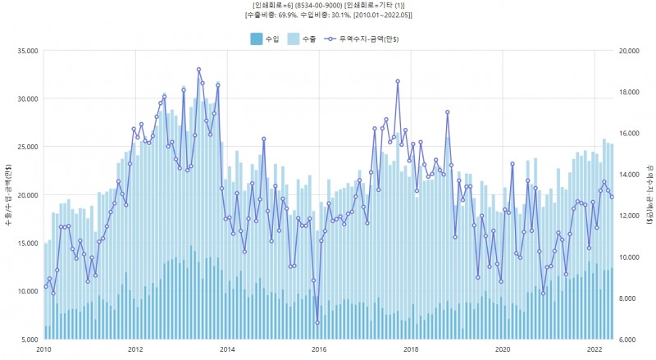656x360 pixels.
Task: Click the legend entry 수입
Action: pyautogui.click(x=266, y=39)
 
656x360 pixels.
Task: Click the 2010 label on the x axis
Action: pyautogui.click(x=44, y=349)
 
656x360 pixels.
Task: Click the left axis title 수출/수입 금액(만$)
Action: pyautogui.click(x=8, y=195)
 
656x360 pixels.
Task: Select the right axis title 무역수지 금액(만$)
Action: pyautogui.click(x=649, y=195)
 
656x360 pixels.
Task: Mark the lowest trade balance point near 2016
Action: pyautogui.click(x=317, y=322)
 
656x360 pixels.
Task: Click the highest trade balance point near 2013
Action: pyautogui.click(x=198, y=70)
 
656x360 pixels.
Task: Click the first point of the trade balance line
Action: pyautogui.click(x=45, y=287)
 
